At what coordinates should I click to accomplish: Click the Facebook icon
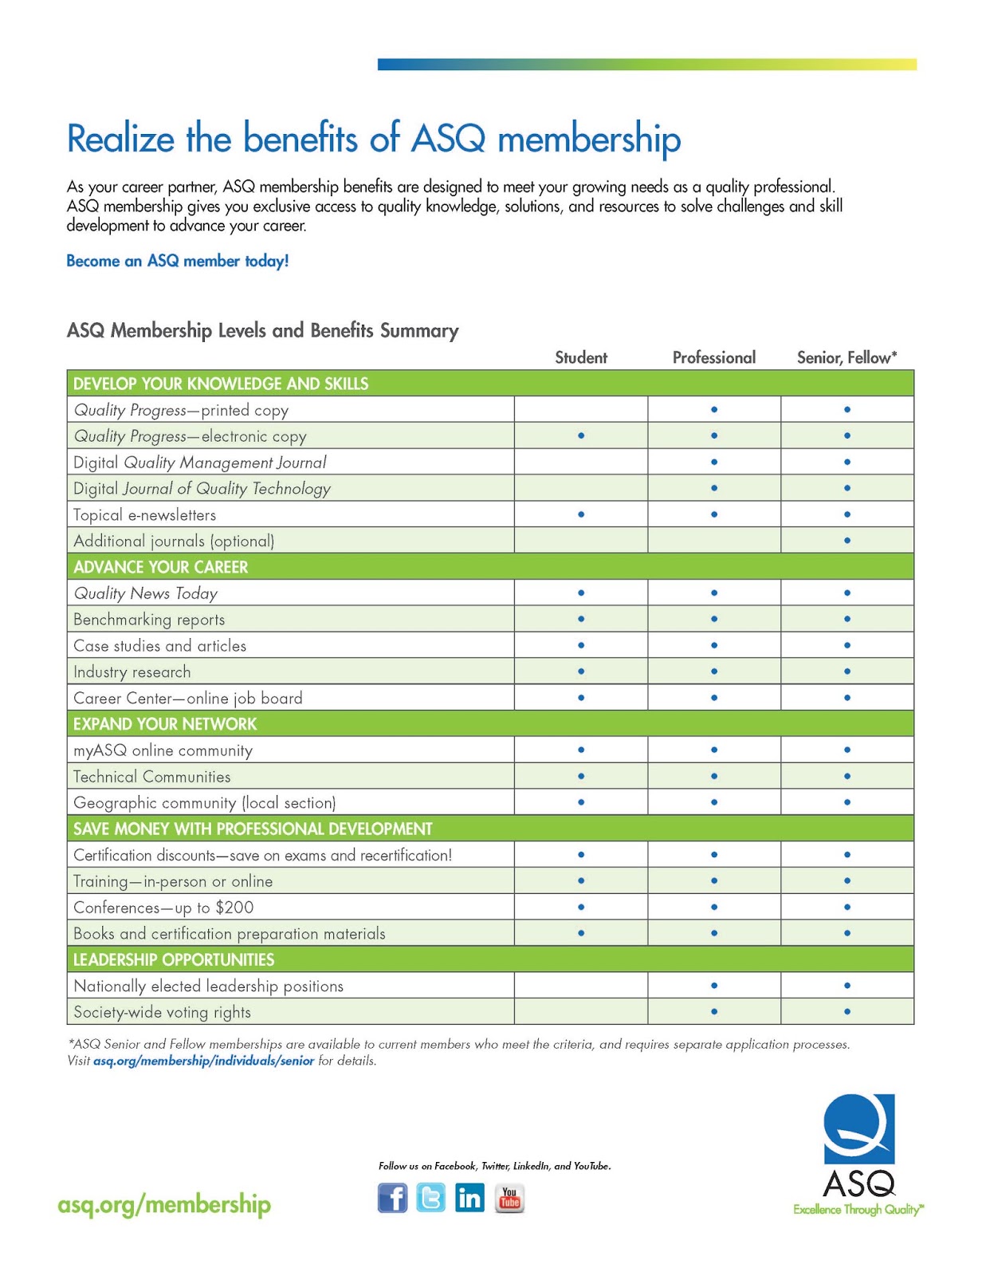tap(392, 1198)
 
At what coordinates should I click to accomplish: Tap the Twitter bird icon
tap(431, 1198)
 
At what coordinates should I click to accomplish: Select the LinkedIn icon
tap(469, 1198)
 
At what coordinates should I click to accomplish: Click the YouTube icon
tap(509, 1198)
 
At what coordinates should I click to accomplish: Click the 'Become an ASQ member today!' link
tap(177, 261)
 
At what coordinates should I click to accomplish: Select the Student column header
tap(581, 357)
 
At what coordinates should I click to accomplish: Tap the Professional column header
tap(714, 357)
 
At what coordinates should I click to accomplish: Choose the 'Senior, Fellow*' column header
tap(846, 357)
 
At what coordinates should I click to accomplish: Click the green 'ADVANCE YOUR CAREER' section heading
tap(161, 567)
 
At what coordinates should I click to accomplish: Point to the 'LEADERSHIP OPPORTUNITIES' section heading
tap(174, 959)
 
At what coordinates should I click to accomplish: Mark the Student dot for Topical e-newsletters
tap(581, 514)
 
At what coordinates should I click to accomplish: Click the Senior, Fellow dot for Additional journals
tap(847, 541)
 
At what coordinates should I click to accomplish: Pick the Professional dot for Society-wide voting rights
tap(714, 1011)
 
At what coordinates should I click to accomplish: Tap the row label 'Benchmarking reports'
tap(149, 620)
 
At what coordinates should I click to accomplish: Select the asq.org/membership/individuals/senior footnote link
tap(203, 1061)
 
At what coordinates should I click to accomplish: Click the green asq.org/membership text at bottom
tap(164, 1204)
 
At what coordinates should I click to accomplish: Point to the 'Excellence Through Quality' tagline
tap(858, 1210)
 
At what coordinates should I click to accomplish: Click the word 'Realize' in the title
tap(120, 139)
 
